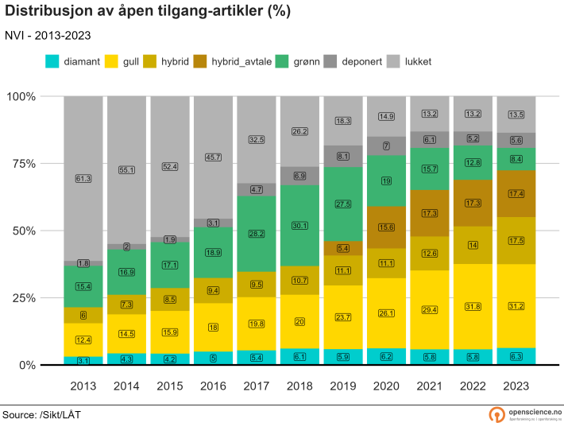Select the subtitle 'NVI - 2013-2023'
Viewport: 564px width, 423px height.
[x=48, y=36]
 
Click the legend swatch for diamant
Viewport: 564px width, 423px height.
[x=52, y=61]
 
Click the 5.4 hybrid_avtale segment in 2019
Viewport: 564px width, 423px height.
[x=343, y=249]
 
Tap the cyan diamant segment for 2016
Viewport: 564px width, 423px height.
[x=213, y=358]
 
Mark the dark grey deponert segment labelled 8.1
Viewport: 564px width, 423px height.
[x=343, y=157]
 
